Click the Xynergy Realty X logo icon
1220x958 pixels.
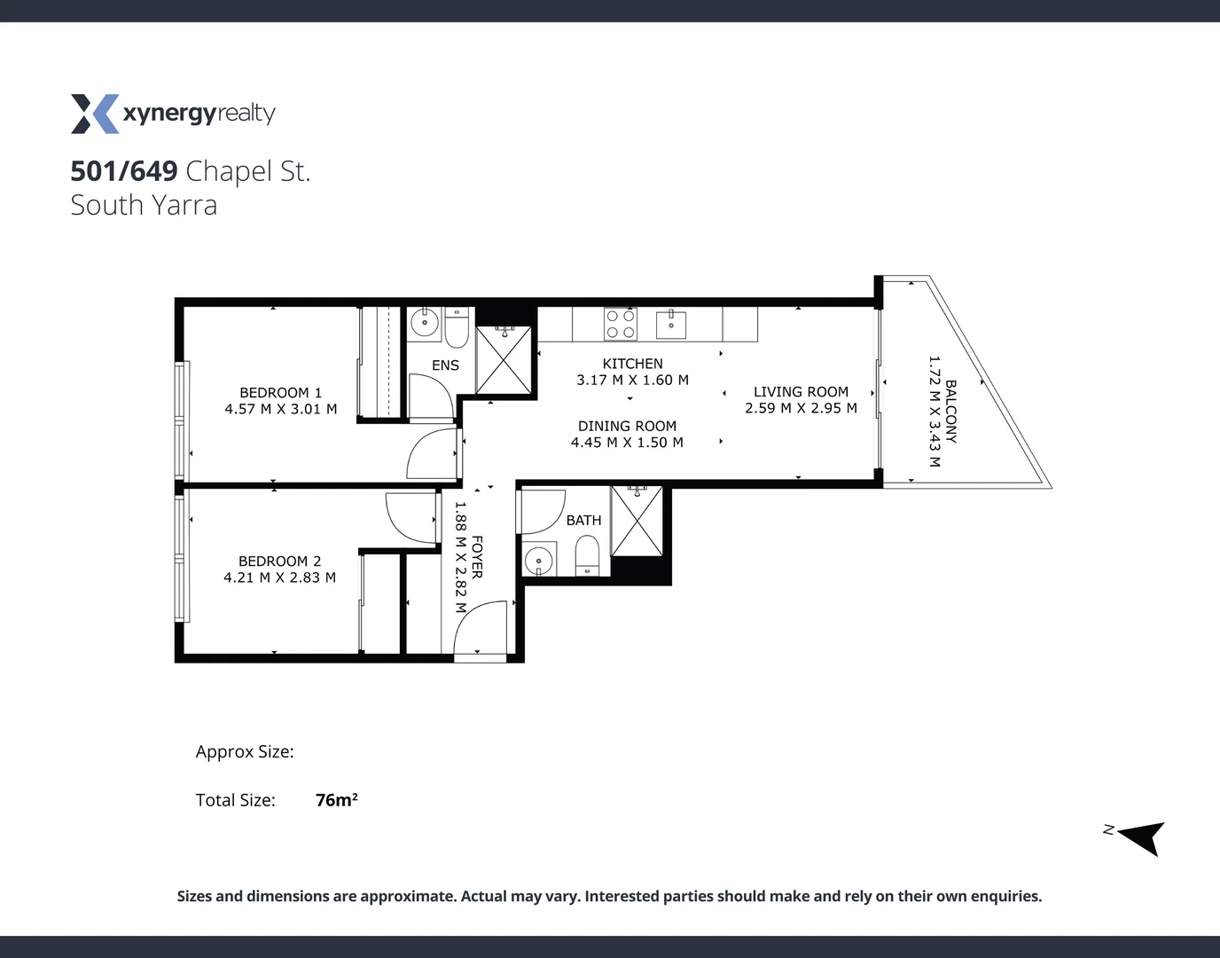[x=95, y=114]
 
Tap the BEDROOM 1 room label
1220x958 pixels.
[x=281, y=393]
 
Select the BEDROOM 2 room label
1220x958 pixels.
[x=279, y=561]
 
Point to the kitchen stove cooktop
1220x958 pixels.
[x=621, y=324]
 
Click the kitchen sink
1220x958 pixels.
[x=671, y=325]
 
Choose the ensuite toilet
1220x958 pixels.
[x=457, y=328]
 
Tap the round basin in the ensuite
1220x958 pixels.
[x=425, y=323]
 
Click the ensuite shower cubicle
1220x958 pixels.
[x=504, y=359]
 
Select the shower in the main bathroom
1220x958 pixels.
[x=637, y=521]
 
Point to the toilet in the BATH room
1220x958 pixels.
[x=587, y=556]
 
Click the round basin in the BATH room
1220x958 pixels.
[x=539, y=560]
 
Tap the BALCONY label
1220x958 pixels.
[x=950, y=412]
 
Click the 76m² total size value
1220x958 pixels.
[x=337, y=799]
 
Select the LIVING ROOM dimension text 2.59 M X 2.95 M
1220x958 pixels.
[x=802, y=408]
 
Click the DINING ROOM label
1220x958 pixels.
[x=627, y=426]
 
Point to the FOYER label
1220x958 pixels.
[x=477, y=557]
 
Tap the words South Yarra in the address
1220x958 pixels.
[x=144, y=205]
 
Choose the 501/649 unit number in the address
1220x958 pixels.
[x=124, y=171]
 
